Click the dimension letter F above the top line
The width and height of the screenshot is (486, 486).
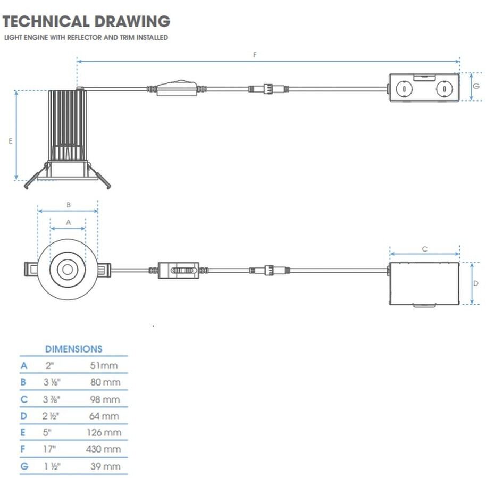(x=255, y=55)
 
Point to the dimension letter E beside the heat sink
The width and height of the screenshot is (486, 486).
(x=10, y=141)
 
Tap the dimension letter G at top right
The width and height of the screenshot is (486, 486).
(x=477, y=86)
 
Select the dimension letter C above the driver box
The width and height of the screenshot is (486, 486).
(x=424, y=249)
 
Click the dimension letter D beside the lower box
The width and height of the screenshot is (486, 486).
(x=476, y=283)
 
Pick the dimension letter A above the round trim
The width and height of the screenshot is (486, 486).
(x=68, y=223)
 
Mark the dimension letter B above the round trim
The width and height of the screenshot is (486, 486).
(x=68, y=205)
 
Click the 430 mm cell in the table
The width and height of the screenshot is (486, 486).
(x=103, y=449)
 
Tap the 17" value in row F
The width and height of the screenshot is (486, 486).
(x=49, y=449)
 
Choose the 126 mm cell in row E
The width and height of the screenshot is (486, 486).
(x=104, y=432)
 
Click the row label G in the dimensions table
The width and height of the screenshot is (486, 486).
(x=23, y=466)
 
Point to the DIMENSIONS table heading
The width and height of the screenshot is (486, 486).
(x=73, y=349)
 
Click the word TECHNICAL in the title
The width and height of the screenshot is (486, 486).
(x=45, y=22)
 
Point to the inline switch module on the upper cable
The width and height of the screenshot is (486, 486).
(x=175, y=88)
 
